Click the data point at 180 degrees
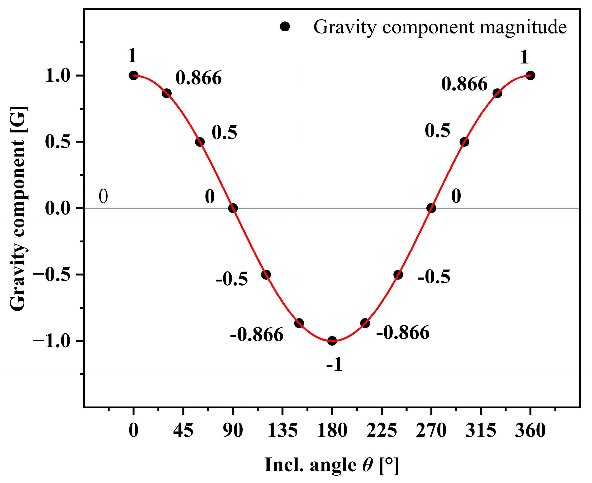pos(332,341)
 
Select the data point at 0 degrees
pos(133,75)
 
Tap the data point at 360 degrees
pos(530,75)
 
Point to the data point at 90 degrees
pos(233,208)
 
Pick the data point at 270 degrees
pos(431,208)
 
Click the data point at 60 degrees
pos(200,142)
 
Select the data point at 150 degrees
pos(299,323)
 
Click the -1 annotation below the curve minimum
pos(334,364)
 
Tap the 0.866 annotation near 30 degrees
pos(198,78)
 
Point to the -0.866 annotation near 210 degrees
pos(403,333)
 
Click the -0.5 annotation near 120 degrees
pos(232,279)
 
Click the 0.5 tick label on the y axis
pos(58,142)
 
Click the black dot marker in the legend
pos(285,27)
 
